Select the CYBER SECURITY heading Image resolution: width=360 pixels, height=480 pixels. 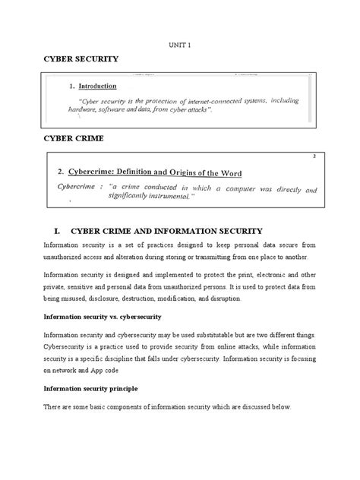[79, 58]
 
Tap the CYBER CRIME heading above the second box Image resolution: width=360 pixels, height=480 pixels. [72, 140]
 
